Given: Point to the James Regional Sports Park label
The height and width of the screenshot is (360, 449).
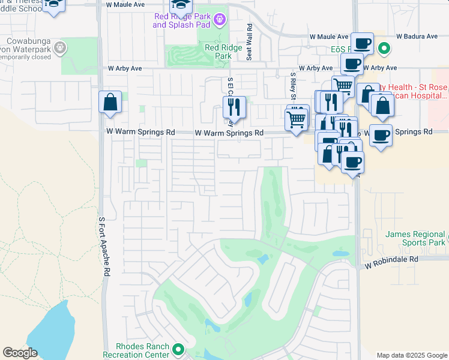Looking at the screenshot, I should pos(415,238).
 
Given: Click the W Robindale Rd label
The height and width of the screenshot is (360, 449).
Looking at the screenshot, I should pos(391,260).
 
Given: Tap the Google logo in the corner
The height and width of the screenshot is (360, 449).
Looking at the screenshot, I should pos(20,353).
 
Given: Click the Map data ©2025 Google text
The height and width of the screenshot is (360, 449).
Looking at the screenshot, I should pos(412,355).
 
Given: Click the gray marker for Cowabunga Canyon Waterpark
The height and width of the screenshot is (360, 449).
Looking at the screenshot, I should pos(59,46).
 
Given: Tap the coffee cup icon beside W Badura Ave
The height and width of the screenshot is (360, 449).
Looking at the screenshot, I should pos(362,43).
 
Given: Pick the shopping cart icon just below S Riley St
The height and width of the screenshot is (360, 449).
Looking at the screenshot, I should pos(296,120).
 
